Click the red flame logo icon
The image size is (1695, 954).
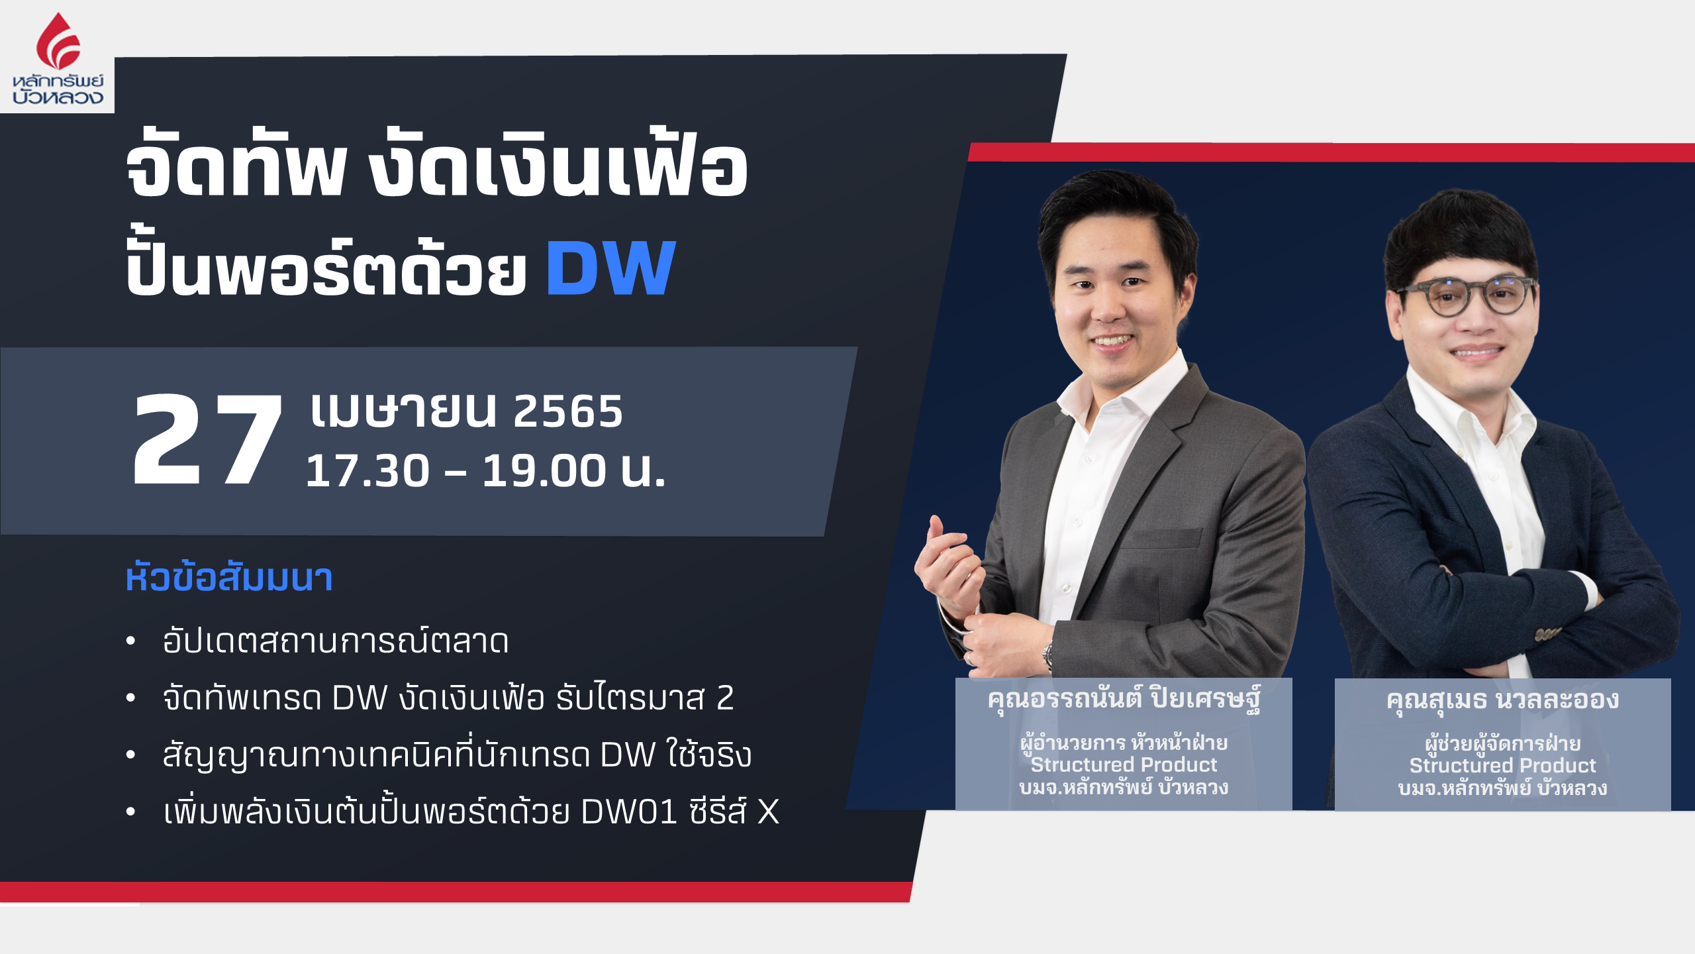[58, 41]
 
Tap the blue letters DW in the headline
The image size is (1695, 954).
[610, 268]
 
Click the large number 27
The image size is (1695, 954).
[207, 439]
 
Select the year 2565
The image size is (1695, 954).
[568, 411]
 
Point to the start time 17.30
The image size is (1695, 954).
[367, 471]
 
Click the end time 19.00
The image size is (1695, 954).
[544, 471]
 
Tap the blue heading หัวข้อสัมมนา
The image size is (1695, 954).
[229, 578]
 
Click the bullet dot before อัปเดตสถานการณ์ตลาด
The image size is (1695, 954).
[130, 641]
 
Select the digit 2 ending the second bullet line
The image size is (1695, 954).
[725, 698]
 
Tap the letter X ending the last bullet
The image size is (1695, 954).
[768, 812]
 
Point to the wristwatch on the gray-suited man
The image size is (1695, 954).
[1047, 655]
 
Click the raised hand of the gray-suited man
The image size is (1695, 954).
[947, 566]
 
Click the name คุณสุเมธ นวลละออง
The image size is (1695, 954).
[1502, 700]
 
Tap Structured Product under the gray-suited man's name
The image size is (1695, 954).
[1124, 765]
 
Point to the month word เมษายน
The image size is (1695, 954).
[403, 411]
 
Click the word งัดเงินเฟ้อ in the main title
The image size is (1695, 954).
[558, 166]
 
